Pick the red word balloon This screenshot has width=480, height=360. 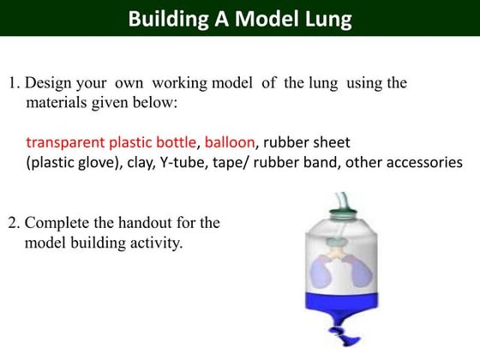point(231,141)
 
